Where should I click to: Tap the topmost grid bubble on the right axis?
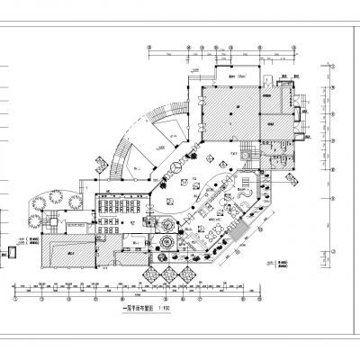(335, 65)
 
